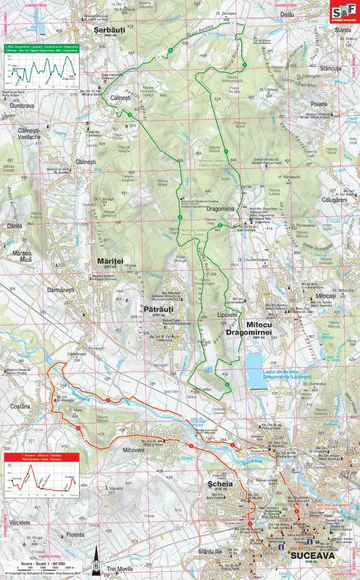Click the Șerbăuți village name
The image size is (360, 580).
[x=107, y=28]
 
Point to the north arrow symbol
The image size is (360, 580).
[x=95, y=568]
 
